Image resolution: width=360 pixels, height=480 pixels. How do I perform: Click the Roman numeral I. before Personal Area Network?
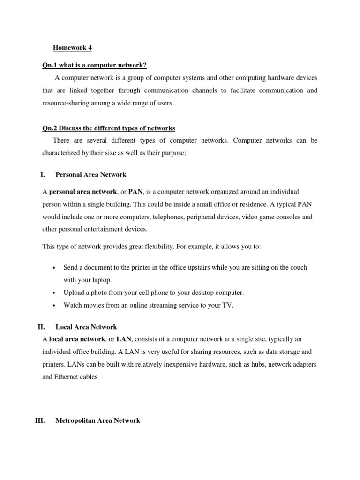tap(43, 175)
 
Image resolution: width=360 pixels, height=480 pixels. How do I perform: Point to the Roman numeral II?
tap(41, 327)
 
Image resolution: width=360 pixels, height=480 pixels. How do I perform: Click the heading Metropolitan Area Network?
tap(97, 420)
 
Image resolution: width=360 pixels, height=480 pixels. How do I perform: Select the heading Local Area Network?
tap(86, 327)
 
